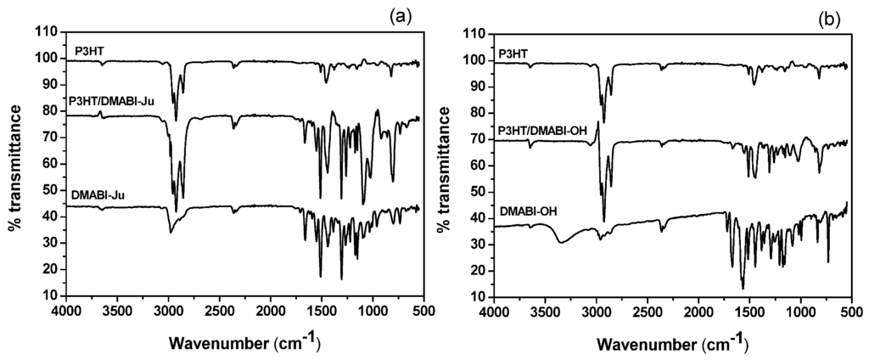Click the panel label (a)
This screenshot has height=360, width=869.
pos(401,16)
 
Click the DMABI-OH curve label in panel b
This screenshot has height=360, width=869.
pos(526,209)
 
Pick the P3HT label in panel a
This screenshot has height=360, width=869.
pos(90,50)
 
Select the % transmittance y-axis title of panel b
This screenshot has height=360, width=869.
pos(443,166)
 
